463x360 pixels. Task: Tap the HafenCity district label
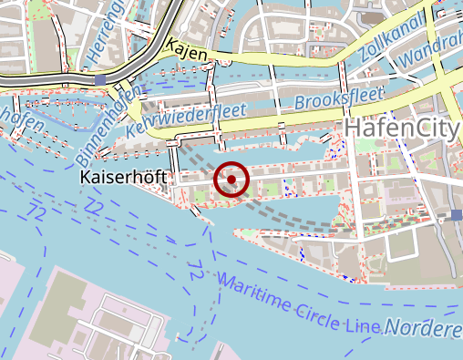pos(399,128)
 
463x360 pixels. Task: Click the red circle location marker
pos(231,180)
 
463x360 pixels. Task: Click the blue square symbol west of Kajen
pos(98,80)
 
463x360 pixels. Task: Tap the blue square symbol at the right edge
pos(456,215)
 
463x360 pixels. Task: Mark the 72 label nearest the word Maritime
pos(195,271)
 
